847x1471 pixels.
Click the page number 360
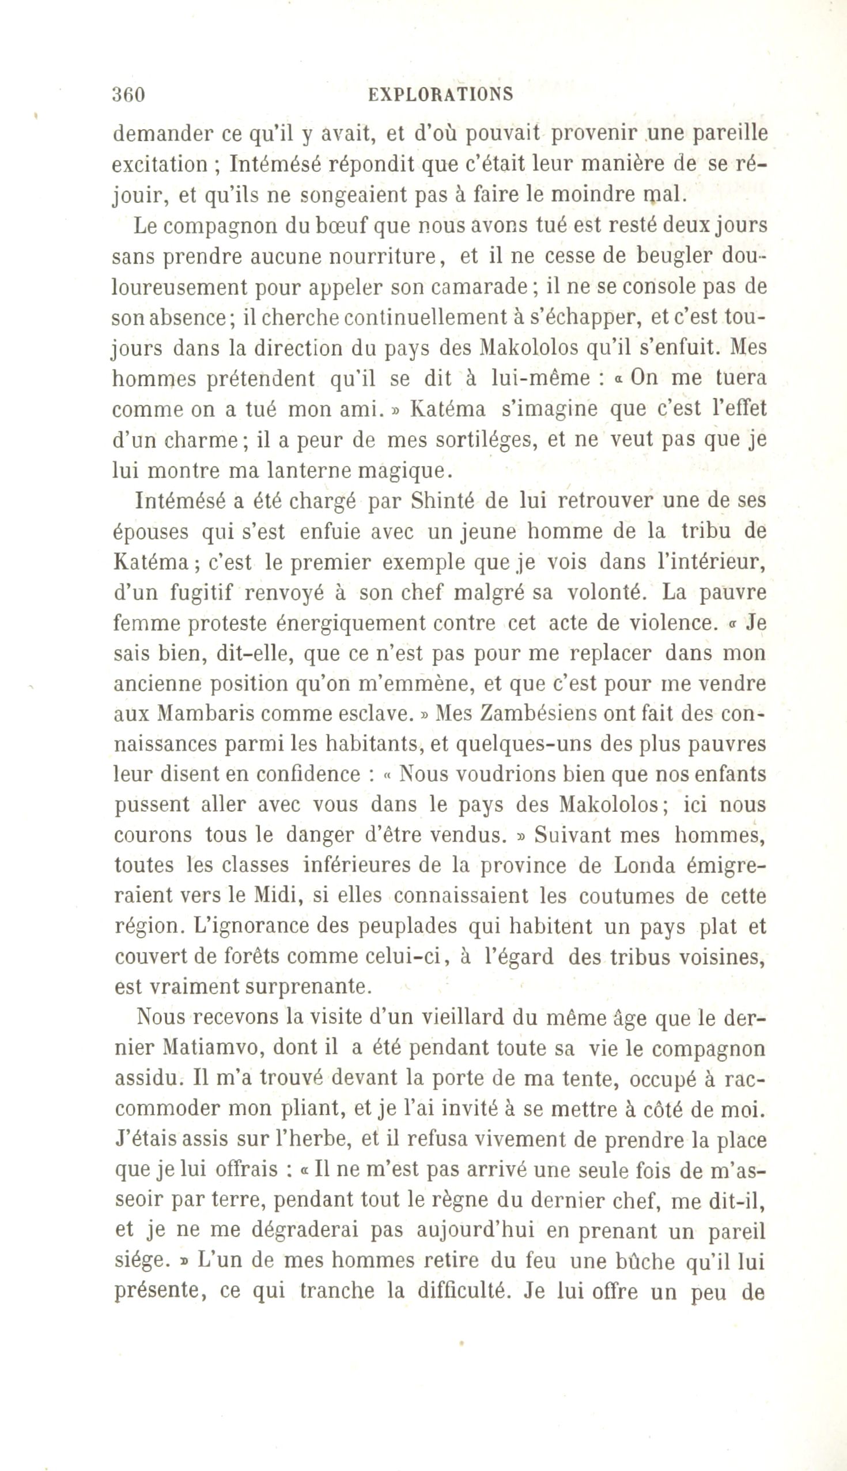point(128,95)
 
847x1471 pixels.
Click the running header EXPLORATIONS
point(441,95)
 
